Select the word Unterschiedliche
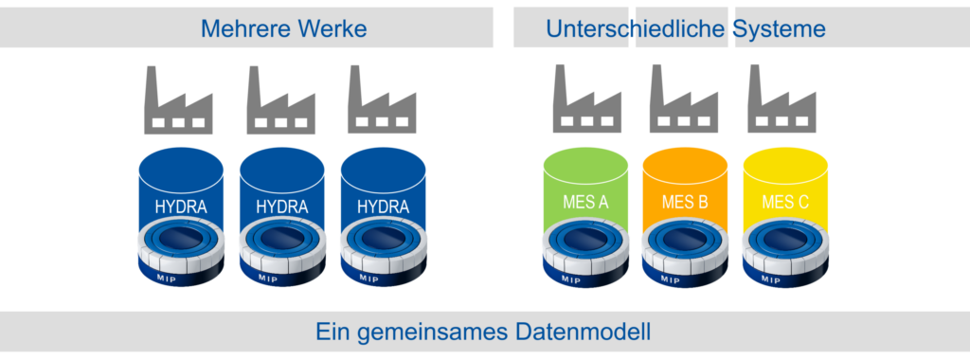[636, 28]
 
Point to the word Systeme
[781, 28]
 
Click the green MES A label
[585, 202]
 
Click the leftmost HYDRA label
[180, 206]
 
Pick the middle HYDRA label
[281, 206]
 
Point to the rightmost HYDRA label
[382, 206]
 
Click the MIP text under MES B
[670, 279]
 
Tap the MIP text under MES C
[770, 279]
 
